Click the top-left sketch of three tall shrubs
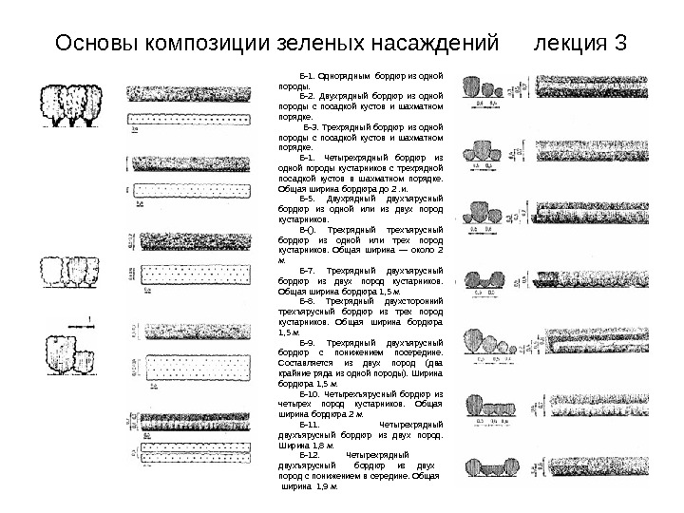point(70,104)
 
